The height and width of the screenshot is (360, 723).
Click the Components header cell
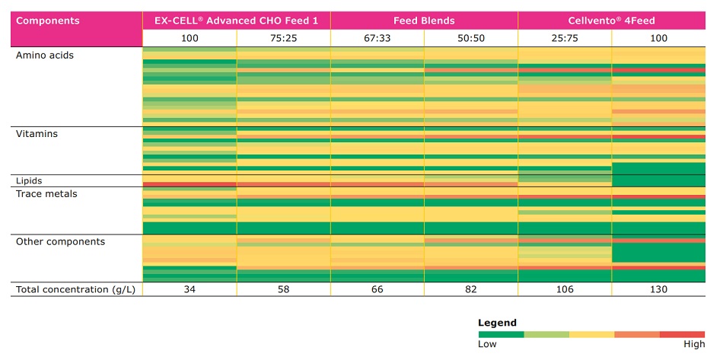click(47, 21)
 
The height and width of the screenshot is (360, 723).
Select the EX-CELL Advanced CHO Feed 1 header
click(236, 21)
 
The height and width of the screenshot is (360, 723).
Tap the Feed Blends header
click(424, 21)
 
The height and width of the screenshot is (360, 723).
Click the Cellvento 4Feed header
click(612, 21)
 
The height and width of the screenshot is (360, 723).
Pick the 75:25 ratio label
click(283, 38)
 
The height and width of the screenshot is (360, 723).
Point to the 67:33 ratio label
click(377, 38)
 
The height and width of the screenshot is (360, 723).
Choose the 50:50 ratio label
click(471, 38)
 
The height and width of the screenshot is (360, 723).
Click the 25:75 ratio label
click(565, 38)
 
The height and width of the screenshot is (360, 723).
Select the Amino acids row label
click(45, 56)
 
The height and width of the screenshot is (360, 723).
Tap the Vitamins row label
click(37, 134)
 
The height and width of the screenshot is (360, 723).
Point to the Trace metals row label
click(47, 194)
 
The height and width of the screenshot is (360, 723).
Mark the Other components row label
click(60, 241)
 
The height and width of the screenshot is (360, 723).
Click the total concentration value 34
click(190, 289)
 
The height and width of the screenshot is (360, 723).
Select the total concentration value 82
click(471, 289)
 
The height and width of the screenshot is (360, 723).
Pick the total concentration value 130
click(658, 289)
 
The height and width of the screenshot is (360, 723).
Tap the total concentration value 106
click(565, 289)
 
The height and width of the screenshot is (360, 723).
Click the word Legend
click(497, 323)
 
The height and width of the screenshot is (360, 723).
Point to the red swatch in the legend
click(682, 334)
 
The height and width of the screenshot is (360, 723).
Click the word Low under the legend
click(487, 345)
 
